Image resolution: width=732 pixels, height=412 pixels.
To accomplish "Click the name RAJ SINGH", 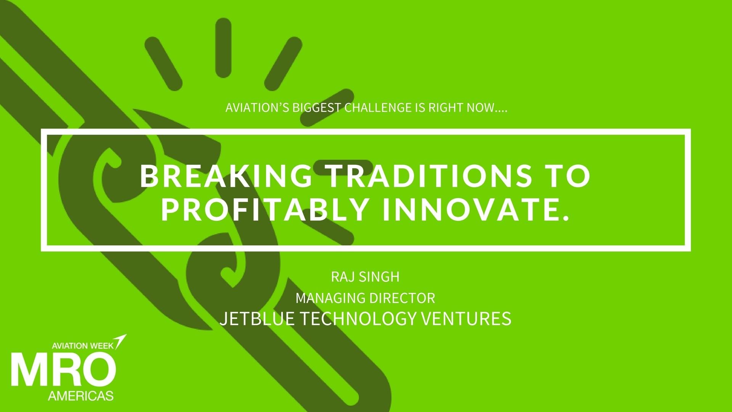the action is (365, 277).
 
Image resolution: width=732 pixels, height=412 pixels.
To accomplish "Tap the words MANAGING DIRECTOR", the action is (365, 298).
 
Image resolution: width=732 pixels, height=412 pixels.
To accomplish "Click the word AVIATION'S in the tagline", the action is (257, 108).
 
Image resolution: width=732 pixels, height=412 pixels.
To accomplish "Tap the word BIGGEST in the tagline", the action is (316, 108).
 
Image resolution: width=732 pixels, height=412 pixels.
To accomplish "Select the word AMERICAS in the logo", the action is (81, 396).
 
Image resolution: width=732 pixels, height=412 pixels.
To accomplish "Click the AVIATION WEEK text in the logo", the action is (82, 346).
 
